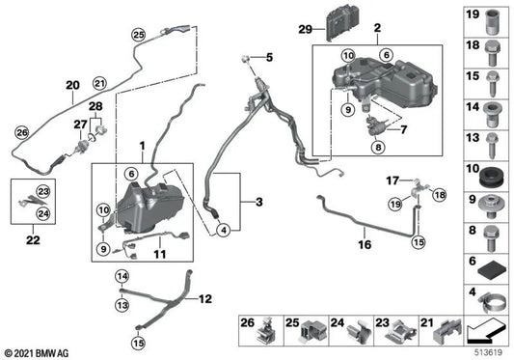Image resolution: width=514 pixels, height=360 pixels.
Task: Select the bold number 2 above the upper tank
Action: [377, 29]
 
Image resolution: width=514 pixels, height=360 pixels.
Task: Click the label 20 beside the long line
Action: [70, 84]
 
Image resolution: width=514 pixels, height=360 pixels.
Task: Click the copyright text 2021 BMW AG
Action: [38, 352]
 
